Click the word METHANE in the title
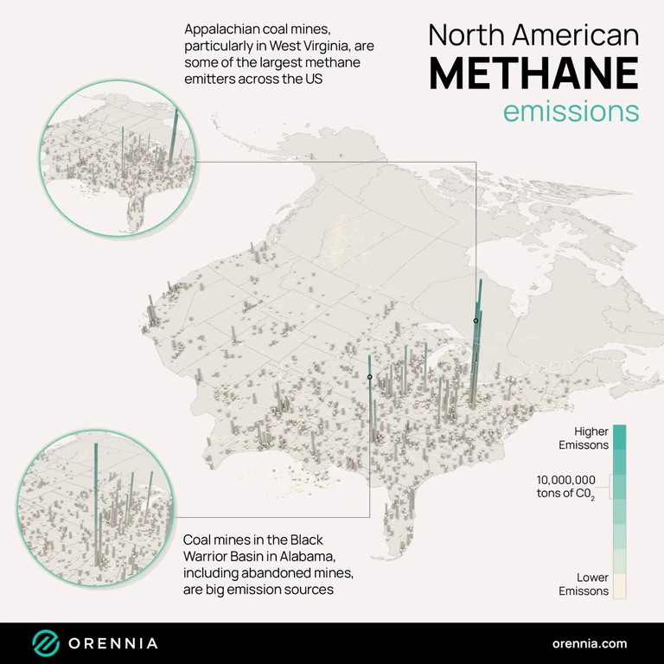(533, 73)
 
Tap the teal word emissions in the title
(571, 112)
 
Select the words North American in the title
(533, 35)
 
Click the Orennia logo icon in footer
(46, 643)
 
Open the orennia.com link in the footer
(590, 643)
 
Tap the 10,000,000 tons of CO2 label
(565, 486)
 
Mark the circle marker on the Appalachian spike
(476, 321)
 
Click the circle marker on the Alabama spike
(369, 377)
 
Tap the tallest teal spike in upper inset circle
(176, 134)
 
